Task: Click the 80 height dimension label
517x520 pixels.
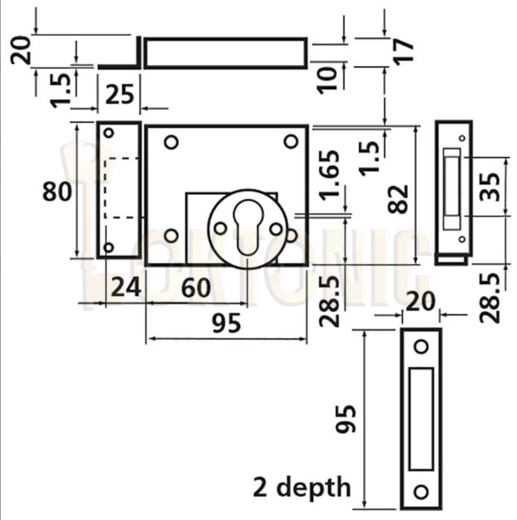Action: pyautogui.click(x=57, y=192)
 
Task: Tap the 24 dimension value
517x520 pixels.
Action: pyautogui.click(x=126, y=287)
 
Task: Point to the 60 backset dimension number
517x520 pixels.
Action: pyautogui.click(x=196, y=288)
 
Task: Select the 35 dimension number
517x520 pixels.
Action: pyautogui.click(x=491, y=186)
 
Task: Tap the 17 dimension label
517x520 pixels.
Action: pyautogui.click(x=404, y=51)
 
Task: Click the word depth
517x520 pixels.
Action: pyautogui.click(x=318, y=486)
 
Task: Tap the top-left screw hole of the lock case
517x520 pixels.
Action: pyautogui.click(x=171, y=142)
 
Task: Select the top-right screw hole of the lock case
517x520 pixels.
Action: pyautogui.click(x=291, y=141)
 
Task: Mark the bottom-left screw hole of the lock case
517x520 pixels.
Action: pyautogui.click(x=171, y=236)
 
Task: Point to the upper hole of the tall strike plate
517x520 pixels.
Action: pyautogui.click(x=421, y=346)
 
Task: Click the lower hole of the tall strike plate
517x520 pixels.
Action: pyautogui.click(x=421, y=492)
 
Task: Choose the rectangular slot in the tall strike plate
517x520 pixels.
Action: pyautogui.click(x=421, y=419)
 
